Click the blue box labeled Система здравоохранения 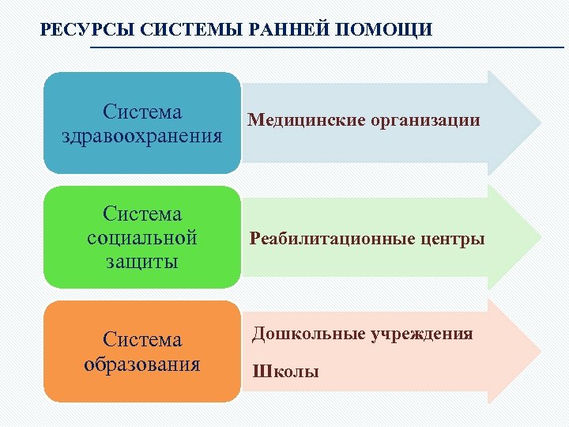coord(142,123)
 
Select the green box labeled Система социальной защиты coord(142,237)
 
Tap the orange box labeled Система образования coord(142,352)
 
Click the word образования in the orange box coord(142,365)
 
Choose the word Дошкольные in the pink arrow coord(307,334)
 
